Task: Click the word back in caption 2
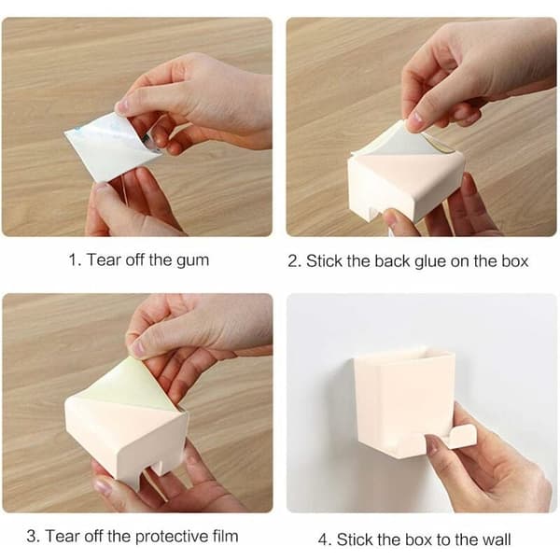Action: [392, 261]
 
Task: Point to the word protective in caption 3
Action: [172, 537]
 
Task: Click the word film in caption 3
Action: [225, 536]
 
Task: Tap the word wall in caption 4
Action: [497, 539]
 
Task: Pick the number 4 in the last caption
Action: [323, 539]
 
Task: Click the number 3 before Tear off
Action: [32, 536]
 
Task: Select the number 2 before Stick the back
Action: [293, 261]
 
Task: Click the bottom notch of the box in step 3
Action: [154, 469]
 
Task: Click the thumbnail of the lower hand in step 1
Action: [102, 189]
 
